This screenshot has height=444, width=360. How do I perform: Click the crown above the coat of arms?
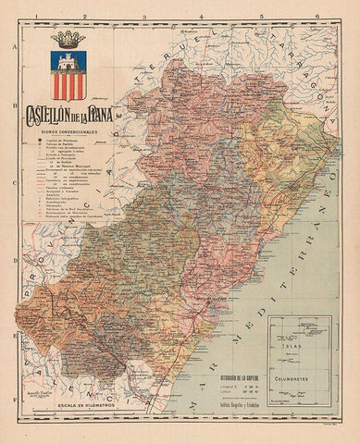click(x=67, y=40)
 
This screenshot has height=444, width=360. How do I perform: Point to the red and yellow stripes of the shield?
click(x=67, y=88)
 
